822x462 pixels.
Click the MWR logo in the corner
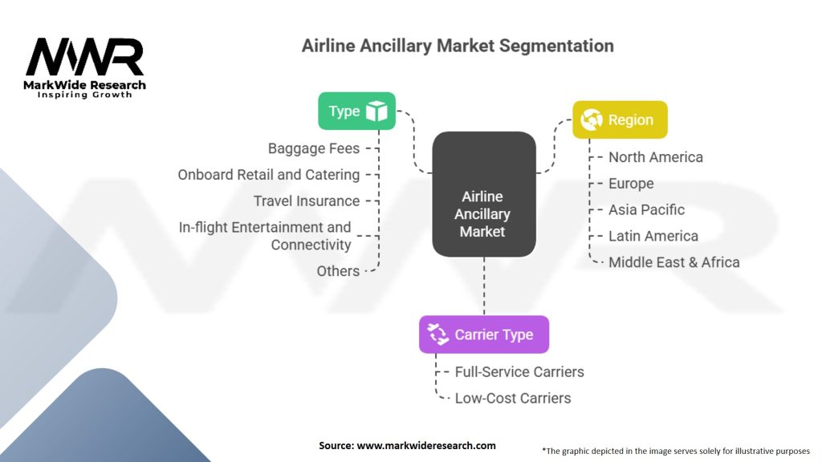[x=84, y=67]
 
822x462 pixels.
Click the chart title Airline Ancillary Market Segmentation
[x=458, y=46]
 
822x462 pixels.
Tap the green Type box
[x=357, y=111]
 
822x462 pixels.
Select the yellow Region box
[x=620, y=120]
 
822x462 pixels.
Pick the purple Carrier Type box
[x=484, y=334]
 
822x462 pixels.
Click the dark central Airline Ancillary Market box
[x=484, y=194]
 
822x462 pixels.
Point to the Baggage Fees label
[x=314, y=148]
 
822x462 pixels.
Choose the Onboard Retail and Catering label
[x=268, y=175]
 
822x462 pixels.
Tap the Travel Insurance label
[x=307, y=201]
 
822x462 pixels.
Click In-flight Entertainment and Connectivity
[x=265, y=236]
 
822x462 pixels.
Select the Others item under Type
[x=338, y=271]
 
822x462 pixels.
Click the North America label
[x=655, y=157]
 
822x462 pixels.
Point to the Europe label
[x=631, y=184]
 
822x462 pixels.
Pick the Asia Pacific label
[x=646, y=210]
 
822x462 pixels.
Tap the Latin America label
[x=653, y=237]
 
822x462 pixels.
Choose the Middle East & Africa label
[x=673, y=262]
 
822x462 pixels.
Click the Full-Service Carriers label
[x=519, y=372]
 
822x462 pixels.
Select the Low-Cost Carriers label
[x=513, y=398]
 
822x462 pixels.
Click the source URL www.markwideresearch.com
[x=426, y=446]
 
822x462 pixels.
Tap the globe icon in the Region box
[x=592, y=120]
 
